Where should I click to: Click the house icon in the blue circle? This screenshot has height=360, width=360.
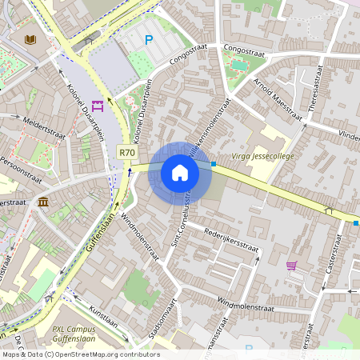179,173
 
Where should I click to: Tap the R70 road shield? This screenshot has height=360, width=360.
126,152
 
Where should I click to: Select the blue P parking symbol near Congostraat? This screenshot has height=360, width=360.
148,40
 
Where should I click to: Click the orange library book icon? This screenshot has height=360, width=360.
30,39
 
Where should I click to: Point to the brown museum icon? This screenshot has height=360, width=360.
42,201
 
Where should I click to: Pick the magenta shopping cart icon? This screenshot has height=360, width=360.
291,265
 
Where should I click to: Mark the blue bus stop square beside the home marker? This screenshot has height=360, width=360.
214,165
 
